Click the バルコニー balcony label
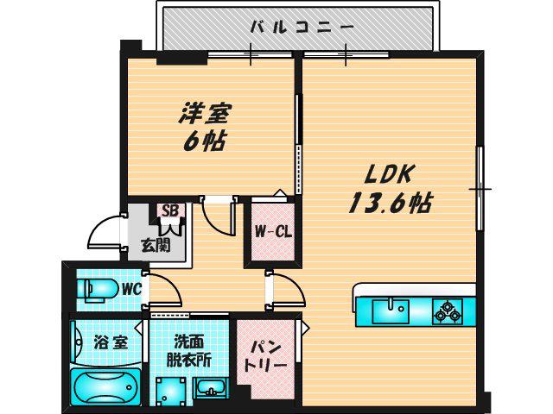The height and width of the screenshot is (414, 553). click(302, 27)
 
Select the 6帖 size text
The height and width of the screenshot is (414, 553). click(205, 141)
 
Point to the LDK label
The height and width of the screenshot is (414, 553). click(389, 174)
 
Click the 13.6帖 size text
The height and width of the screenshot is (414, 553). click(391, 203)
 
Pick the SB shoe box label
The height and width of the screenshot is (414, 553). click(171, 210)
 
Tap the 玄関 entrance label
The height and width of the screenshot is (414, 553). click(156, 245)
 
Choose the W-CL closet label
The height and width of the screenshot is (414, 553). click(273, 231)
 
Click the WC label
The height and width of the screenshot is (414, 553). click(132, 290)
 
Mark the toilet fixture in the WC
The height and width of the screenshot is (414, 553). click(98, 291)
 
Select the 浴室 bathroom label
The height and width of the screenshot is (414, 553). click(111, 342)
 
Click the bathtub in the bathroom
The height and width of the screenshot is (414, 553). click(106, 386)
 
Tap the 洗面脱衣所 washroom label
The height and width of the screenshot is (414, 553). click(188, 351)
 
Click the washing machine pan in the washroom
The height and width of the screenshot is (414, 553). click(171, 392)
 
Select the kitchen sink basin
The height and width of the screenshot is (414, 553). click(391, 311)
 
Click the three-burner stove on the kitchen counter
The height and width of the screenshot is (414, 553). click(448, 311)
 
